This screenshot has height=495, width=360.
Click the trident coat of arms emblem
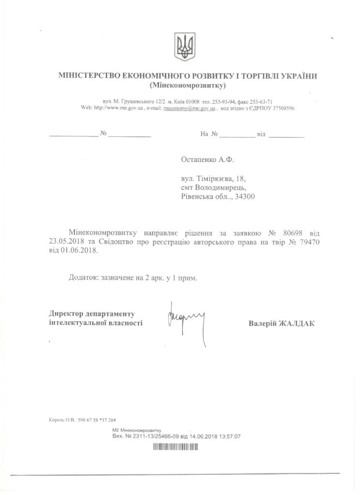[x=185, y=47]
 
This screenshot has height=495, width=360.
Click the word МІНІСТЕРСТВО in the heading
[x=87, y=76]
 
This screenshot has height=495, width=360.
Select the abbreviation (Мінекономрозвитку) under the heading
[x=188, y=86]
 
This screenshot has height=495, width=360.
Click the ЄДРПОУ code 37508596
[x=281, y=109]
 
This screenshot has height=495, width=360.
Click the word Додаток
[x=83, y=278]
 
